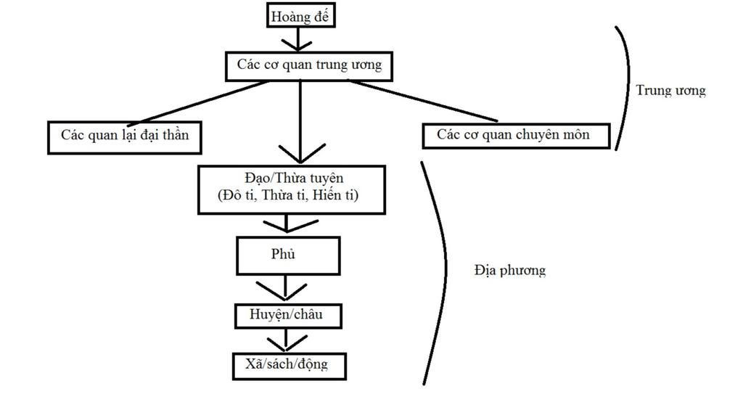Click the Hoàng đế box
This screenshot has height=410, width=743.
[x=301, y=16]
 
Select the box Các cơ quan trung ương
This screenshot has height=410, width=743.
[x=308, y=65]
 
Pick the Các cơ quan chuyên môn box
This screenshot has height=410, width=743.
[x=516, y=135]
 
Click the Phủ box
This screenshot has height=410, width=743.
[x=288, y=255]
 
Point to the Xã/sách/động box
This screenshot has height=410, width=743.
[x=289, y=365]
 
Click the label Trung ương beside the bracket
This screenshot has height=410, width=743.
[x=670, y=91]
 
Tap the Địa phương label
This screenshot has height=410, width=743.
[x=510, y=271]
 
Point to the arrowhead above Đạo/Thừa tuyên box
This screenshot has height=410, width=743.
[x=300, y=154]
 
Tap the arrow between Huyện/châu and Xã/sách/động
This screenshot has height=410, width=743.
[x=286, y=340]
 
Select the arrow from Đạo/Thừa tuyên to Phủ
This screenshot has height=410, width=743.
[x=286, y=225]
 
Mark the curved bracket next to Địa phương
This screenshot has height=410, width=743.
[x=441, y=272]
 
